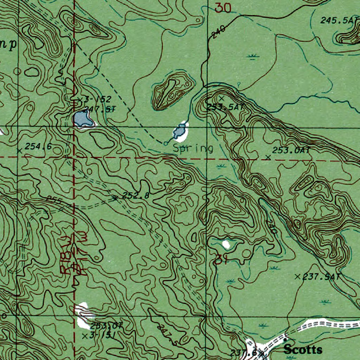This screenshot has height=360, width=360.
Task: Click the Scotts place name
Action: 303,350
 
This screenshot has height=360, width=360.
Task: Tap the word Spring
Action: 193,148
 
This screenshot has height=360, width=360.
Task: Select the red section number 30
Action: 223,8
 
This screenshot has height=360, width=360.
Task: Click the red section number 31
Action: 219,259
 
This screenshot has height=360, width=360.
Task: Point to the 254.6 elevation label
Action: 38,147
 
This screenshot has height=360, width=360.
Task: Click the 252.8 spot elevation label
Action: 135,196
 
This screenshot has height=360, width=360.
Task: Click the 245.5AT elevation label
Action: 339,20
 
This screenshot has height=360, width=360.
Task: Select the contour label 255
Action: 55,201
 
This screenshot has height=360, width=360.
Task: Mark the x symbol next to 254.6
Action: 19,150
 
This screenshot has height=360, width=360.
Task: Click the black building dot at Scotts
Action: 285,340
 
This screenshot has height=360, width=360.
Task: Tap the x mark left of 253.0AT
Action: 268,157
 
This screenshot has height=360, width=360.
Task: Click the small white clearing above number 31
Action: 225,244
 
